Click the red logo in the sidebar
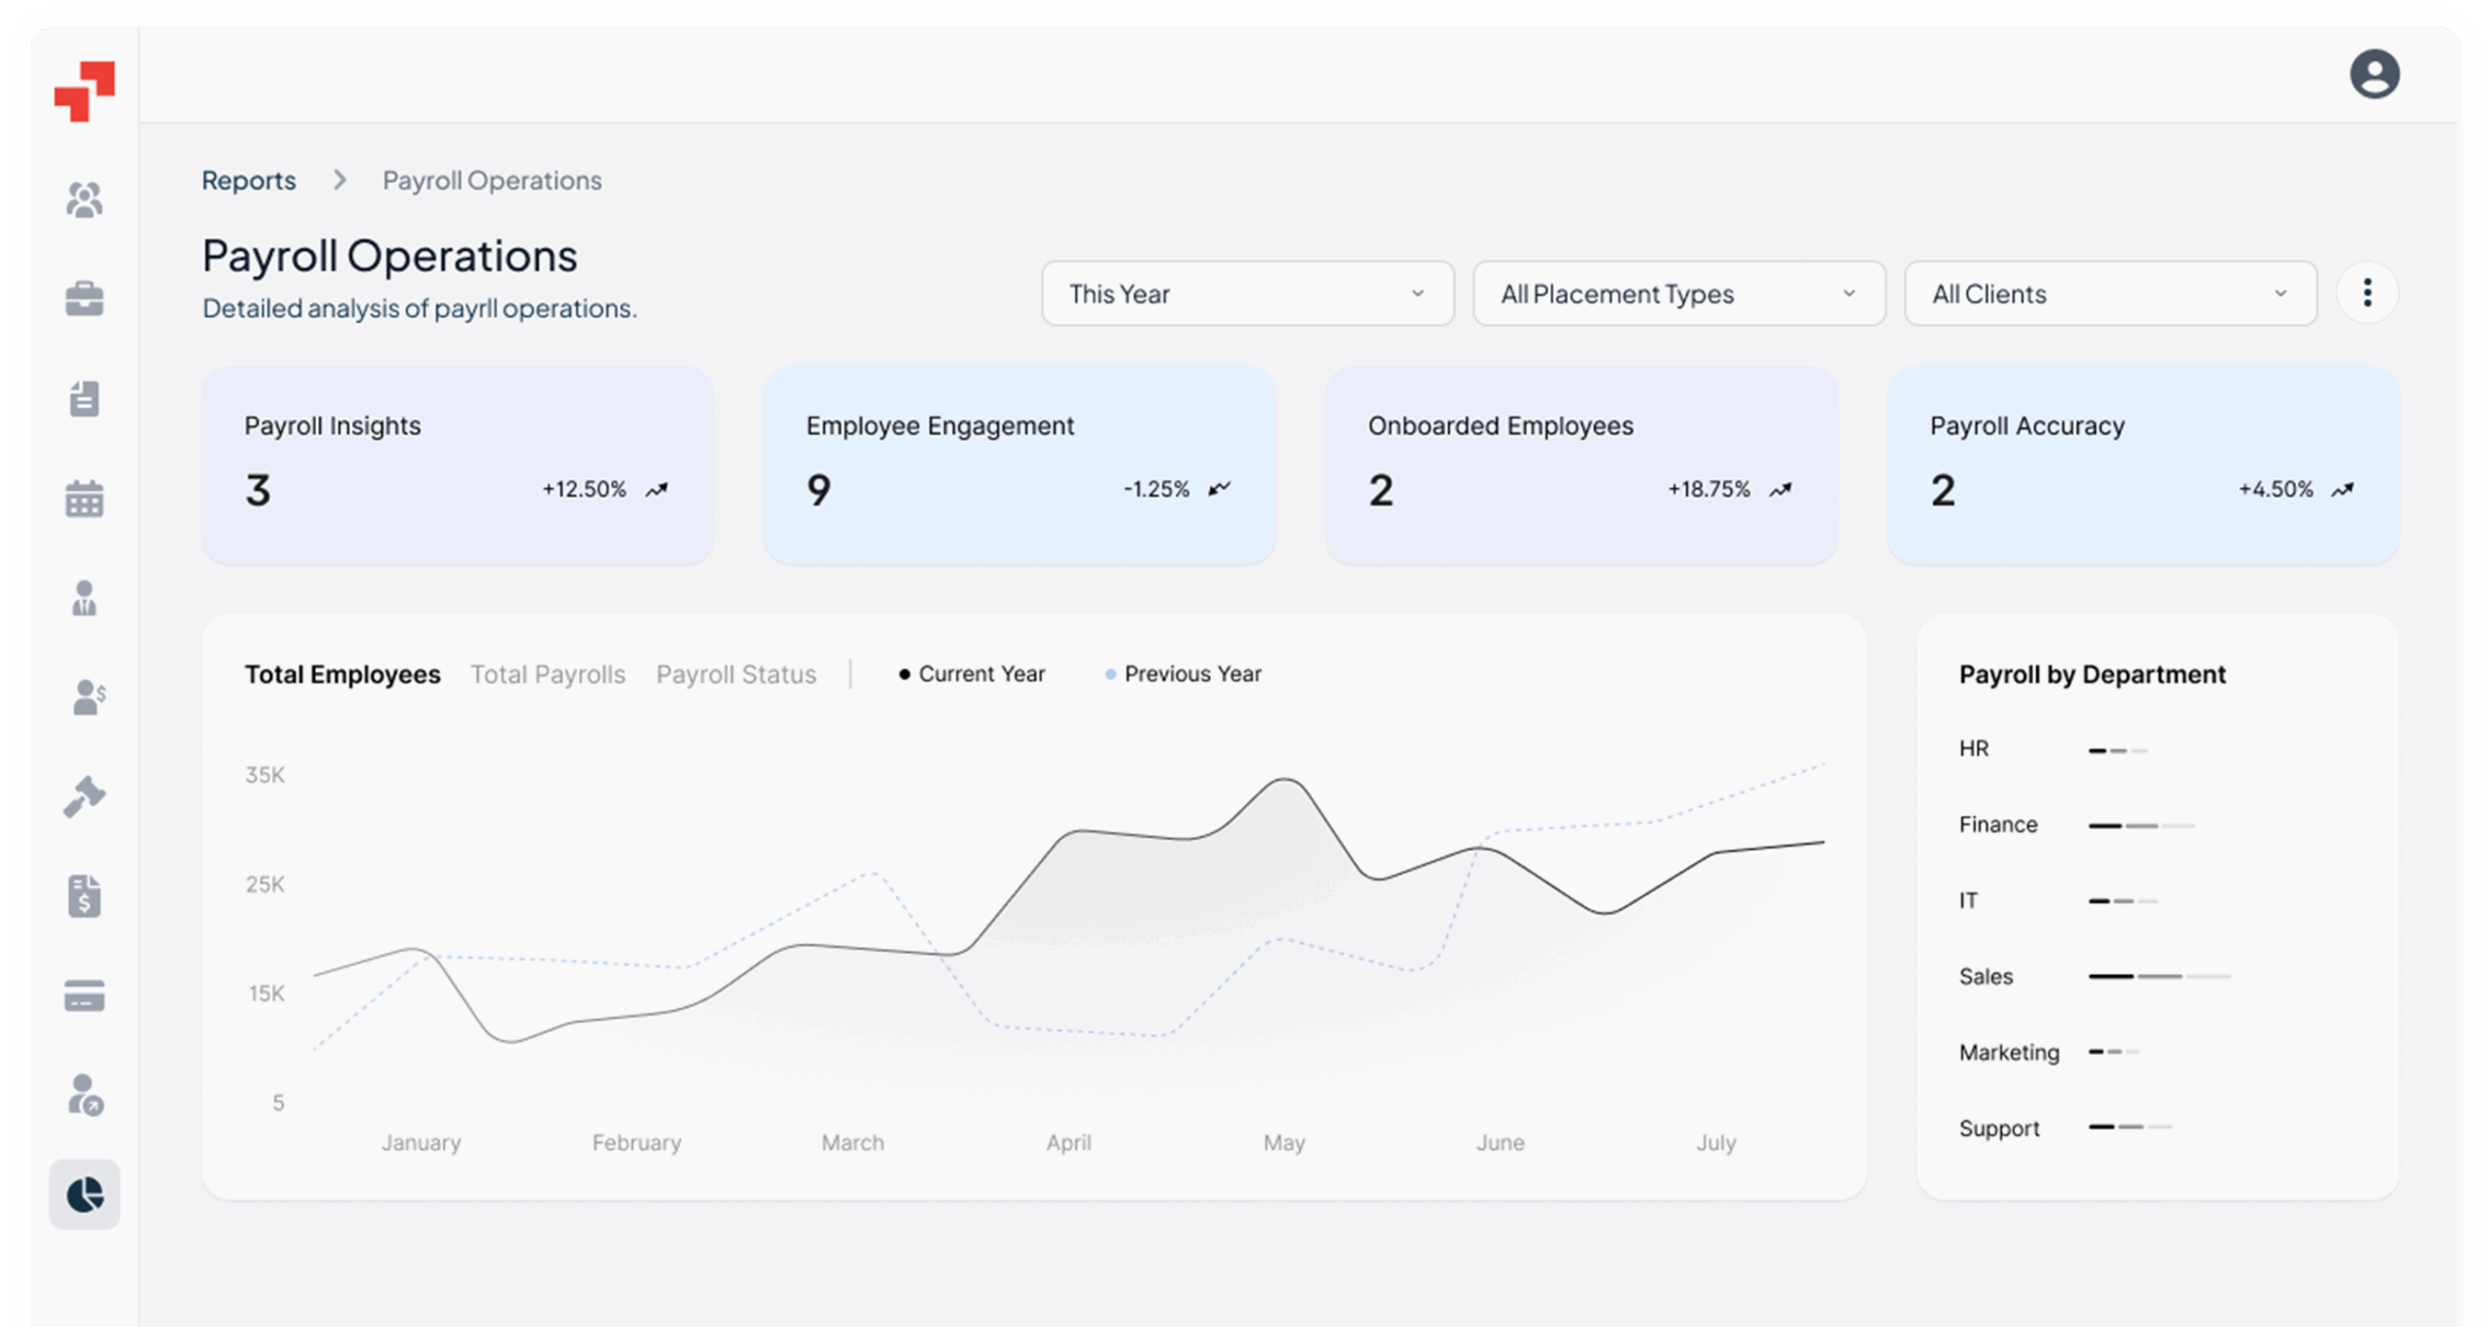[85, 91]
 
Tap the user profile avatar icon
[2373, 74]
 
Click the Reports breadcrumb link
[249, 180]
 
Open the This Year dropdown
[1247, 294]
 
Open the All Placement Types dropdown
[1678, 294]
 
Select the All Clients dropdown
[2110, 294]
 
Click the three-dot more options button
[2367, 293]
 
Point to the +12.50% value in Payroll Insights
[584, 489]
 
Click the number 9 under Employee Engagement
[819, 489]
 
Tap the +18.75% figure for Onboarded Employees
[1709, 489]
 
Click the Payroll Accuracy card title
[2026, 426]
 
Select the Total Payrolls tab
[548, 675]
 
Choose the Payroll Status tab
[736, 675]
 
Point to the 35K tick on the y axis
[264, 775]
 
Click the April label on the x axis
[1068, 1142]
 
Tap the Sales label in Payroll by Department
[1986, 976]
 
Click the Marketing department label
[2008, 1052]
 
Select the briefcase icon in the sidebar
[85, 298]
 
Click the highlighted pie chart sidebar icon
[85, 1194]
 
